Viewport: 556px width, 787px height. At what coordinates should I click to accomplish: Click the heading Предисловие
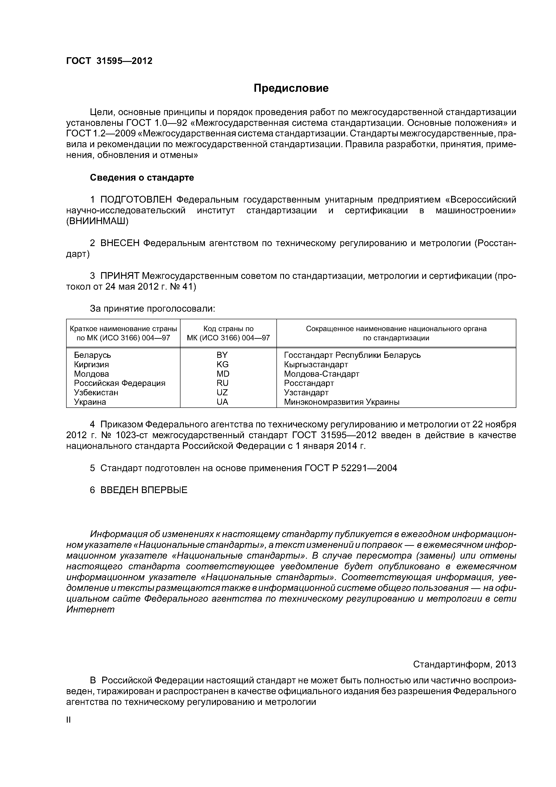click(291, 88)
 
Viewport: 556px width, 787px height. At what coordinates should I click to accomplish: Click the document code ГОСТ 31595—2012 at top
click(109, 61)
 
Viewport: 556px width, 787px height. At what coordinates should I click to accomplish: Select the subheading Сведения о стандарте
click(142, 177)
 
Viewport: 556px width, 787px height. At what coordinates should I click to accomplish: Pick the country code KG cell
click(222, 364)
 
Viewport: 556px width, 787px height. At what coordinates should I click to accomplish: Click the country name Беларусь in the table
click(93, 355)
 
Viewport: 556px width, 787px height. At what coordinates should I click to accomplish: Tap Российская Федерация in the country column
click(119, 383)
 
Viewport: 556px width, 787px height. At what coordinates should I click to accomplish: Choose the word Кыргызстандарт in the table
click(316, 364)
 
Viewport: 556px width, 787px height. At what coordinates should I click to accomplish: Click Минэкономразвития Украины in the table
click(341, 402)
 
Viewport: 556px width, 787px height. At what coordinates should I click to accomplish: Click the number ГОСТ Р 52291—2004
click(350, 468)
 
